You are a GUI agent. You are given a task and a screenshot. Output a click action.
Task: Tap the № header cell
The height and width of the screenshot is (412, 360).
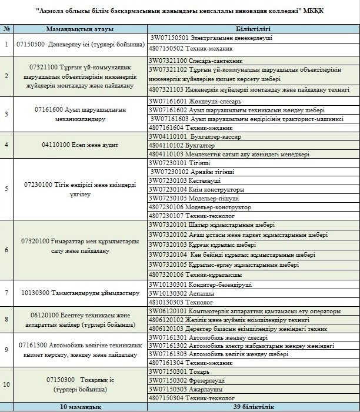[x=6, y=28]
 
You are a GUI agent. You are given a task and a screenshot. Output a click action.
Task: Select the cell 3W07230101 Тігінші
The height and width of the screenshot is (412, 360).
[x=176, y=162]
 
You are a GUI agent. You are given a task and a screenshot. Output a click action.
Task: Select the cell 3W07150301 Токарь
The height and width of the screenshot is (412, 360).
[x=176, y=372]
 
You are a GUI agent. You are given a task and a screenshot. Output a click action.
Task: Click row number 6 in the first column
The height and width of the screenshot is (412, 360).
[x=6, y=249]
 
